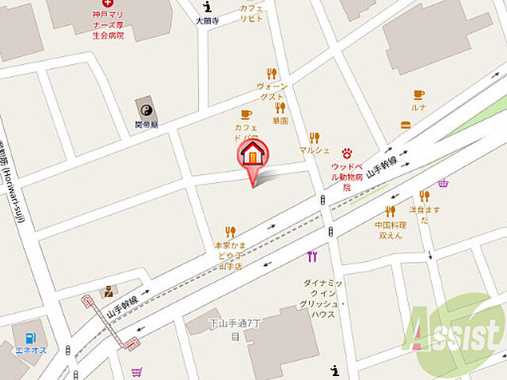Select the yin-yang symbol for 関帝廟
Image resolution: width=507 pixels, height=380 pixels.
point(146,109)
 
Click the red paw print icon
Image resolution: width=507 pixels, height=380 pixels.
point(346,153)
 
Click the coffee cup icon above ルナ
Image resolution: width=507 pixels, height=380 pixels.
point(418,94)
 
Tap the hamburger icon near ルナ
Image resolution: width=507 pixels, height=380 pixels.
point(406,124)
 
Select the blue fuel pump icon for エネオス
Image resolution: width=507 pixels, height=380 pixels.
point(30,338)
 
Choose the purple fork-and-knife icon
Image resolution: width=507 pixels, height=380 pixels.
point(311,256)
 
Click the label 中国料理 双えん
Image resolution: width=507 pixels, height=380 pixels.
point(390,230)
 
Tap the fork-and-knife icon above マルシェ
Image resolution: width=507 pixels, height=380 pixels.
point(314,137)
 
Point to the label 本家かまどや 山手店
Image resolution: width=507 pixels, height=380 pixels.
point(231,256)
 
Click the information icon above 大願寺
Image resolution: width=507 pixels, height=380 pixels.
point(207,6)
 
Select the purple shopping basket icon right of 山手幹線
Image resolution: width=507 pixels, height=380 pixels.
point(442,183)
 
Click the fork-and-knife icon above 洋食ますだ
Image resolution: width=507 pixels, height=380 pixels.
point(424,196)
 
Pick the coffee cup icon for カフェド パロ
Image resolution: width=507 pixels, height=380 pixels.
point(246,115)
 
